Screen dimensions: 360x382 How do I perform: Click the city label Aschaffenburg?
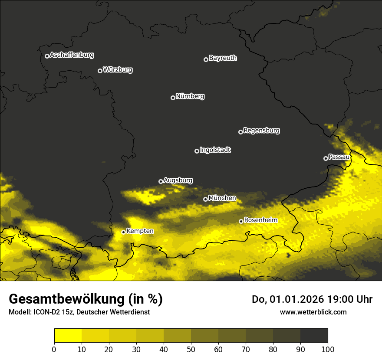point(72,55)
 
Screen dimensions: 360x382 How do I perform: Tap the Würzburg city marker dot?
point(100,71)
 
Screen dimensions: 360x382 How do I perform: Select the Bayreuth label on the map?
point(223,58)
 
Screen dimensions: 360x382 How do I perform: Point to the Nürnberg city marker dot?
point(173,98)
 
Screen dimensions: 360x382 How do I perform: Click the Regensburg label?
point(261,131)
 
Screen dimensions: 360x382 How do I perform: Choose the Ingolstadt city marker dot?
point(197,151)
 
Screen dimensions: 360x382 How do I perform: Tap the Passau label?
point(339,157)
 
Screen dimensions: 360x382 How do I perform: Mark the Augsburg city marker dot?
point(161,181)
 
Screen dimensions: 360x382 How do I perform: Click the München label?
point(222,198)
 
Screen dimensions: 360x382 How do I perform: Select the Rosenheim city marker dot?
point(241,221)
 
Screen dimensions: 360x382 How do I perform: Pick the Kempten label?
point(140,231)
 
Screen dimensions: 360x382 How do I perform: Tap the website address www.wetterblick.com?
point(313,312)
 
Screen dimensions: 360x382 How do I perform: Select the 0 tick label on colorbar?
point(54,349)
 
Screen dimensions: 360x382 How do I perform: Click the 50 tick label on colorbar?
point(191,349)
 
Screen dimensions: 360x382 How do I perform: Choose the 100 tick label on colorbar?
point(328,349)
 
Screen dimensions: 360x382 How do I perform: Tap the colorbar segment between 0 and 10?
point(68,335)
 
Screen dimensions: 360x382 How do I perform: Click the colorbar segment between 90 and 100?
point(314,335)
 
